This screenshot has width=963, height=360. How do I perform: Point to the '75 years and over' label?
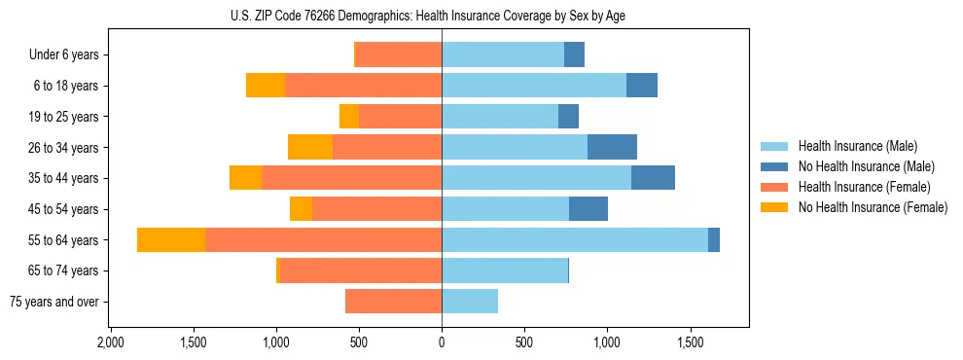coord(54,302)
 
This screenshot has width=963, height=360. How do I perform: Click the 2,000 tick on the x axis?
coord(110,342)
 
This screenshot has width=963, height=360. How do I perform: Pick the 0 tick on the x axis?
coord(442,342)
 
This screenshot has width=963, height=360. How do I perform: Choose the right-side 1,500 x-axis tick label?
coord(690,342)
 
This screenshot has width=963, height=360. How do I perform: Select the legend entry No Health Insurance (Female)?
coord(873,207)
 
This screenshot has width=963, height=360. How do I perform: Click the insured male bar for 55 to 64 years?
coord(574,239)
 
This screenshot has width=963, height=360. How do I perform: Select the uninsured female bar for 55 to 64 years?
coord(171,239)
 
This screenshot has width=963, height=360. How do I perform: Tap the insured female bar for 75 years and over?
coord(393,302)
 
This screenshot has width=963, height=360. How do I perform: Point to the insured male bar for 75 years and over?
coord(470,302)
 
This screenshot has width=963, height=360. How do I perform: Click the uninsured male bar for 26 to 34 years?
coord(612,147)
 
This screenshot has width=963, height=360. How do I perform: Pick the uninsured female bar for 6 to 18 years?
coord(265,86)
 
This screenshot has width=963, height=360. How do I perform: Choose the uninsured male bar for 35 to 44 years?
coord(653,178)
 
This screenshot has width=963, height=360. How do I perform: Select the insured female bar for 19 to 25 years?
coord(400,117)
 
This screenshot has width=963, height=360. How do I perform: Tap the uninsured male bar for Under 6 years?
coord(574,55)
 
